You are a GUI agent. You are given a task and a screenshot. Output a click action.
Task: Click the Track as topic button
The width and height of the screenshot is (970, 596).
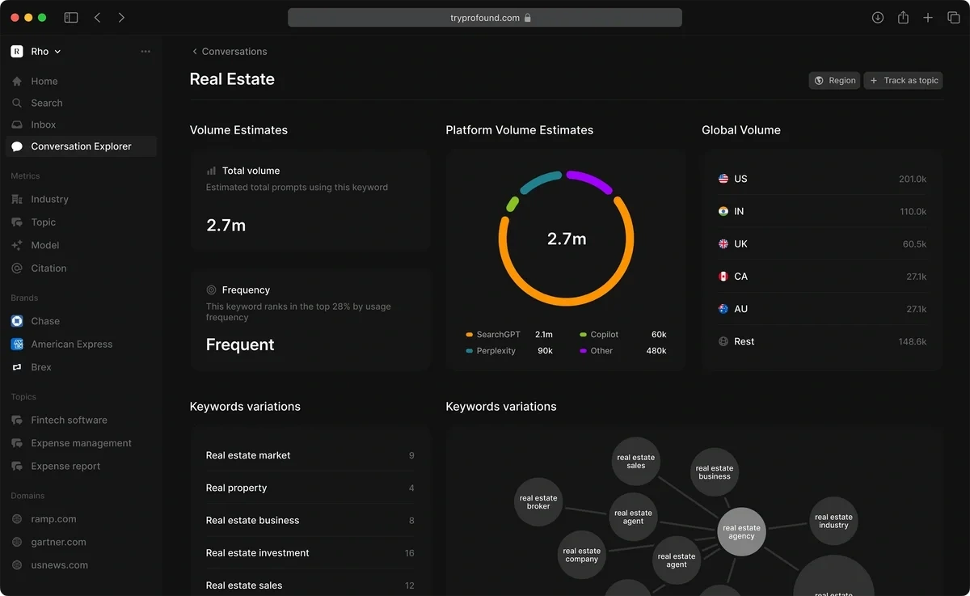point(903,81)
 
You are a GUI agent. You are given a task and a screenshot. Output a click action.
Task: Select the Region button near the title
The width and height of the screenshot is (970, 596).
point(834,81)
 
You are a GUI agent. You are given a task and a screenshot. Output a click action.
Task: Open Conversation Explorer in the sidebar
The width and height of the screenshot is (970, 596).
point(81,146)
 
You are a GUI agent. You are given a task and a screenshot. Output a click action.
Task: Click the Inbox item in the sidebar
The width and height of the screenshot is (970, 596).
point(44,125)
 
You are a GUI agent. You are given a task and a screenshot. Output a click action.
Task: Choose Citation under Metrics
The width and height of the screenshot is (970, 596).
point(48,268)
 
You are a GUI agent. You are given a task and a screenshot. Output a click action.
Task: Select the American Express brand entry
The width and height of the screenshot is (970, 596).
point(71,344)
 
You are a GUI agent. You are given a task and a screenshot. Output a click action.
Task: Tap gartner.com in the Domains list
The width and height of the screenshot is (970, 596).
point(58,543)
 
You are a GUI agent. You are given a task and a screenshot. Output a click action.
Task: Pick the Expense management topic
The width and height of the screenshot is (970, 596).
point(81,443)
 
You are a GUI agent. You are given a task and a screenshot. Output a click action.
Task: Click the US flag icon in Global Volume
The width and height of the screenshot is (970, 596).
point(723,179)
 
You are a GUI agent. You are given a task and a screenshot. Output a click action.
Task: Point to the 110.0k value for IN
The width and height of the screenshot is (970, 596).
point(913,212)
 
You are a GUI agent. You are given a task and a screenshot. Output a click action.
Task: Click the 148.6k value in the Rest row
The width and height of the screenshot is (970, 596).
point(912,342)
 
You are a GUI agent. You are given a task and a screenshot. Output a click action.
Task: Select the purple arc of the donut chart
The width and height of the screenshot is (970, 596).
point(590,180)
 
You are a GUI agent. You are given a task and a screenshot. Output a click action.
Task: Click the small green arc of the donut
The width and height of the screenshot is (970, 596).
point(512,204)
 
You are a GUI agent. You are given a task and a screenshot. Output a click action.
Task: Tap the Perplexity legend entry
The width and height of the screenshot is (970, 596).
point(496,351)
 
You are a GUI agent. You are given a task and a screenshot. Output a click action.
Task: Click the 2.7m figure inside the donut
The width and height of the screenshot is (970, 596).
point(567,239)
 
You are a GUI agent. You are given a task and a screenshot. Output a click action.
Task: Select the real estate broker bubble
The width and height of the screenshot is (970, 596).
point(538,502)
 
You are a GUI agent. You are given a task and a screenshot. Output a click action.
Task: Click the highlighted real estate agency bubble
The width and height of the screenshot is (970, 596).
point(741,531)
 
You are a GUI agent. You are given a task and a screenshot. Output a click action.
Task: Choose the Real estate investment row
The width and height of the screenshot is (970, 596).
point(257,553)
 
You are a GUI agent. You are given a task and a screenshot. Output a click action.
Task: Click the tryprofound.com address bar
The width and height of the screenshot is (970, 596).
point(485,18)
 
